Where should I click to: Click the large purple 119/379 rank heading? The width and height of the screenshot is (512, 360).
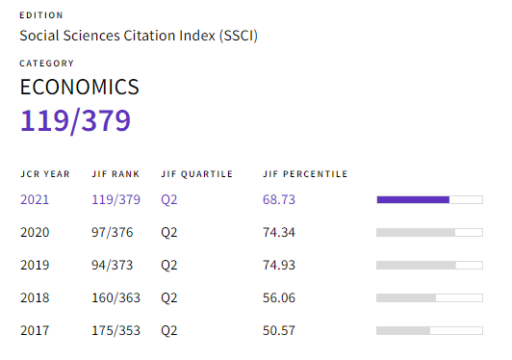pos(75,122)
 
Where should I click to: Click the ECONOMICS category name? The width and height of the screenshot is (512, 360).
pos(80,88)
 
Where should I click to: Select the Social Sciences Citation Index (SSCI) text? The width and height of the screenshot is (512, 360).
pos(140,36)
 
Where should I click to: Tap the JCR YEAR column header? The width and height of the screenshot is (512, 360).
pos(45,174)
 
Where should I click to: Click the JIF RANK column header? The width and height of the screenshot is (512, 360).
pos(115,174)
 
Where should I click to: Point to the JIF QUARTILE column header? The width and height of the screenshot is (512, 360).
pos(196,174)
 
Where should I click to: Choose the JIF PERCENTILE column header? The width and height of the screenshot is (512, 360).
pos(305,174)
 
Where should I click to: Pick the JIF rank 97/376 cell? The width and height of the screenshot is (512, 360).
pos(114,233)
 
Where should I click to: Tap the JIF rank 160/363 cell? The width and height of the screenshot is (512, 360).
pos(116,298)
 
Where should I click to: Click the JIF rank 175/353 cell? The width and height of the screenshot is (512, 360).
pos(116,331)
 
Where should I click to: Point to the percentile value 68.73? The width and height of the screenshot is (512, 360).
pos(278,200)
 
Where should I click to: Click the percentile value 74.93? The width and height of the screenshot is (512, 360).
pos(278,266)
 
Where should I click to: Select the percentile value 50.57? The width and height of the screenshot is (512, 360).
pos(278,331)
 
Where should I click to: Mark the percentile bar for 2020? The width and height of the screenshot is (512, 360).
pos(428,233)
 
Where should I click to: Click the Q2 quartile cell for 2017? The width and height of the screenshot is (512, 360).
pos(169,331)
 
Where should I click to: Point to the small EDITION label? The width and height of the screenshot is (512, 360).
pos(41,15)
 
